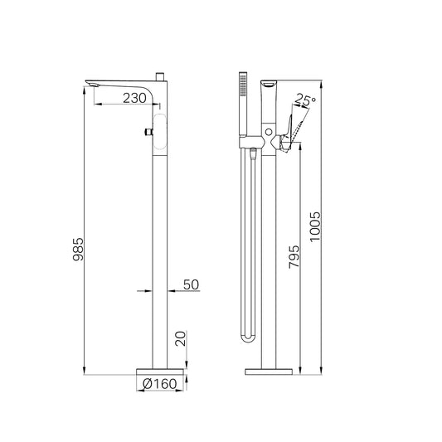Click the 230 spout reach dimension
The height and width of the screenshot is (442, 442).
[x=134, y=98]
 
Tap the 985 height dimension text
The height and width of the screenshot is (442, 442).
[x=78, y=249]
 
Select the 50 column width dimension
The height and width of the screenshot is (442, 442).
[x=191, y=284]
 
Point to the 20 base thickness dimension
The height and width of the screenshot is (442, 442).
[x=181, y=338]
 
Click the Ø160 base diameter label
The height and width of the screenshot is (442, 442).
[x=160, y=384]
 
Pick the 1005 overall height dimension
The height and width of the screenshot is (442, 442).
[x=315, y=227]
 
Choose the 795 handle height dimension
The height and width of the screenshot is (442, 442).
[x=294, y=256]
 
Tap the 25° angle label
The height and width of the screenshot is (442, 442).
[x=305, y=100]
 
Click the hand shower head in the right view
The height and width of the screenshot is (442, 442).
[x=243, y=104]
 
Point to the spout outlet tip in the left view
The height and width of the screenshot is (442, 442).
[x=91, y=84]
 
